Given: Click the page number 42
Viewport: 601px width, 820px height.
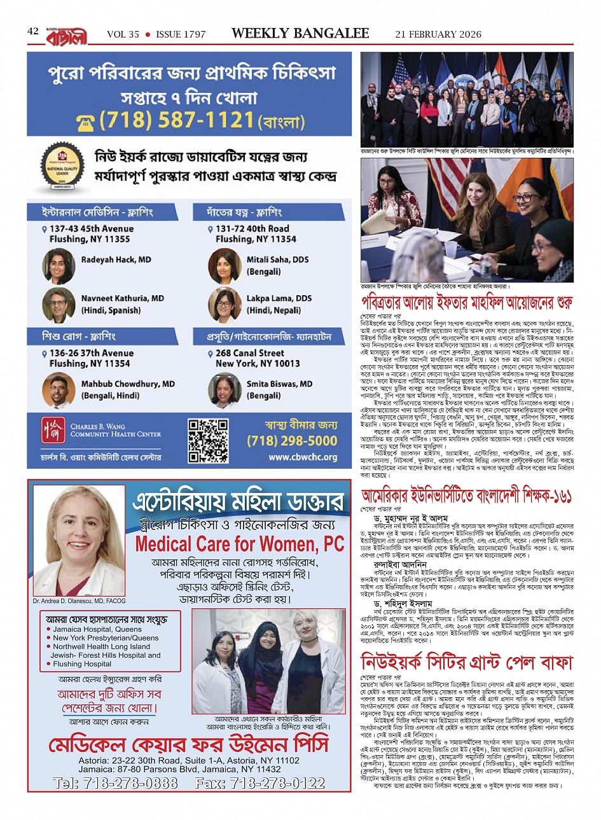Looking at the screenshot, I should click(33, 31).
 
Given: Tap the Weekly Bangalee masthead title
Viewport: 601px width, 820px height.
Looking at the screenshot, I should click(300, 34).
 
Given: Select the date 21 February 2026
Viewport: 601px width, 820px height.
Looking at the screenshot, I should click(438, 34).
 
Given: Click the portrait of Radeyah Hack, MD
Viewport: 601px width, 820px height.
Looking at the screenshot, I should click(59, 266).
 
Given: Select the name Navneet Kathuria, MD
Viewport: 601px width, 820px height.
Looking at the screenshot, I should click(122, 298).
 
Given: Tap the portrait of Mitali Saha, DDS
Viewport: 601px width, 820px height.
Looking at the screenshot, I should click(225, 266).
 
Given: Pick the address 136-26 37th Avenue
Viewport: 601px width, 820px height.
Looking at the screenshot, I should click(92, 353).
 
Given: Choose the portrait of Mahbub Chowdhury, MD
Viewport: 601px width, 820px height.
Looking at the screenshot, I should click(59, 390).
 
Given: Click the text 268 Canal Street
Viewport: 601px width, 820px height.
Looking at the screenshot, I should click(250, 353).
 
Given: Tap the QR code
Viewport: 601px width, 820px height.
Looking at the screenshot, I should click(208, 440).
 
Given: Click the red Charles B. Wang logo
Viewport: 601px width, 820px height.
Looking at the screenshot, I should click(52, 431).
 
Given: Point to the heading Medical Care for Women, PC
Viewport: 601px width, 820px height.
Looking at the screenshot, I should click(240, 544).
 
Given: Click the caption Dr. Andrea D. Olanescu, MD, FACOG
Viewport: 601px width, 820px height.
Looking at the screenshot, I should click(79, 601).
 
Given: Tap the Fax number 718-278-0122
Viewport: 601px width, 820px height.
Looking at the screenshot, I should click(261, 783).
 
